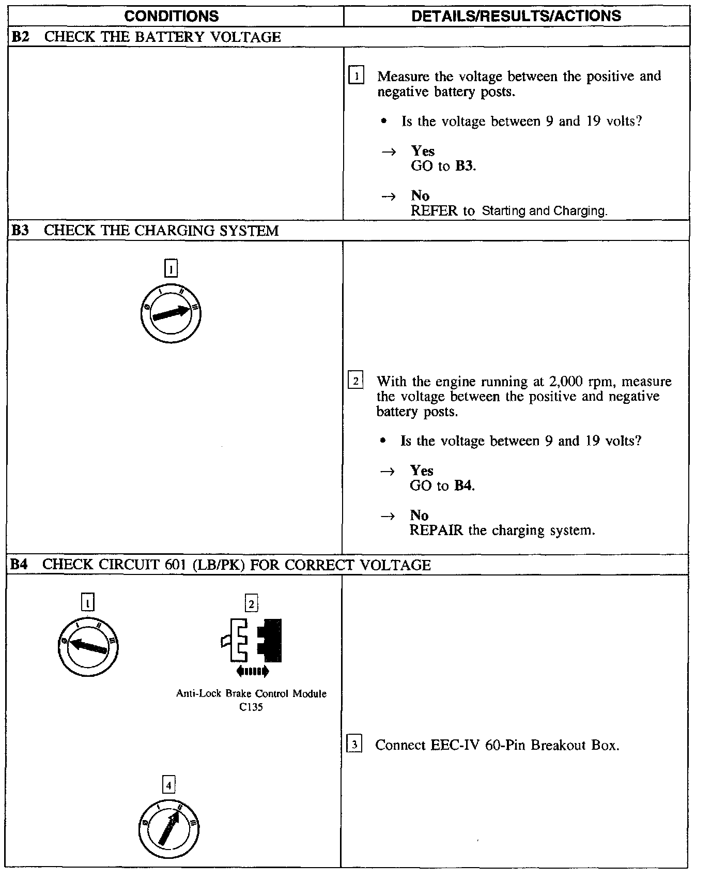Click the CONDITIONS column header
171,16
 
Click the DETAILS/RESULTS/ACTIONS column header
516,16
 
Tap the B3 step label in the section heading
20,231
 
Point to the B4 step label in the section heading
19,565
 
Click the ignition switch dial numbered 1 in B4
88,647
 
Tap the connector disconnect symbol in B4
252,641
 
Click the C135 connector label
251,707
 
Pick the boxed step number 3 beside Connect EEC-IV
354,745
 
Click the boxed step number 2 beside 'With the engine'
355,381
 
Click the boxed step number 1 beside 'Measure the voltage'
357,76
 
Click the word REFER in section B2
434,211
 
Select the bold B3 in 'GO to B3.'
464,166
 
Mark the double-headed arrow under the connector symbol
252,672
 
